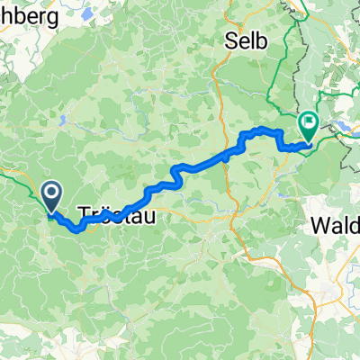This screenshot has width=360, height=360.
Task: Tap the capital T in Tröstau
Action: tap(85, 213)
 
